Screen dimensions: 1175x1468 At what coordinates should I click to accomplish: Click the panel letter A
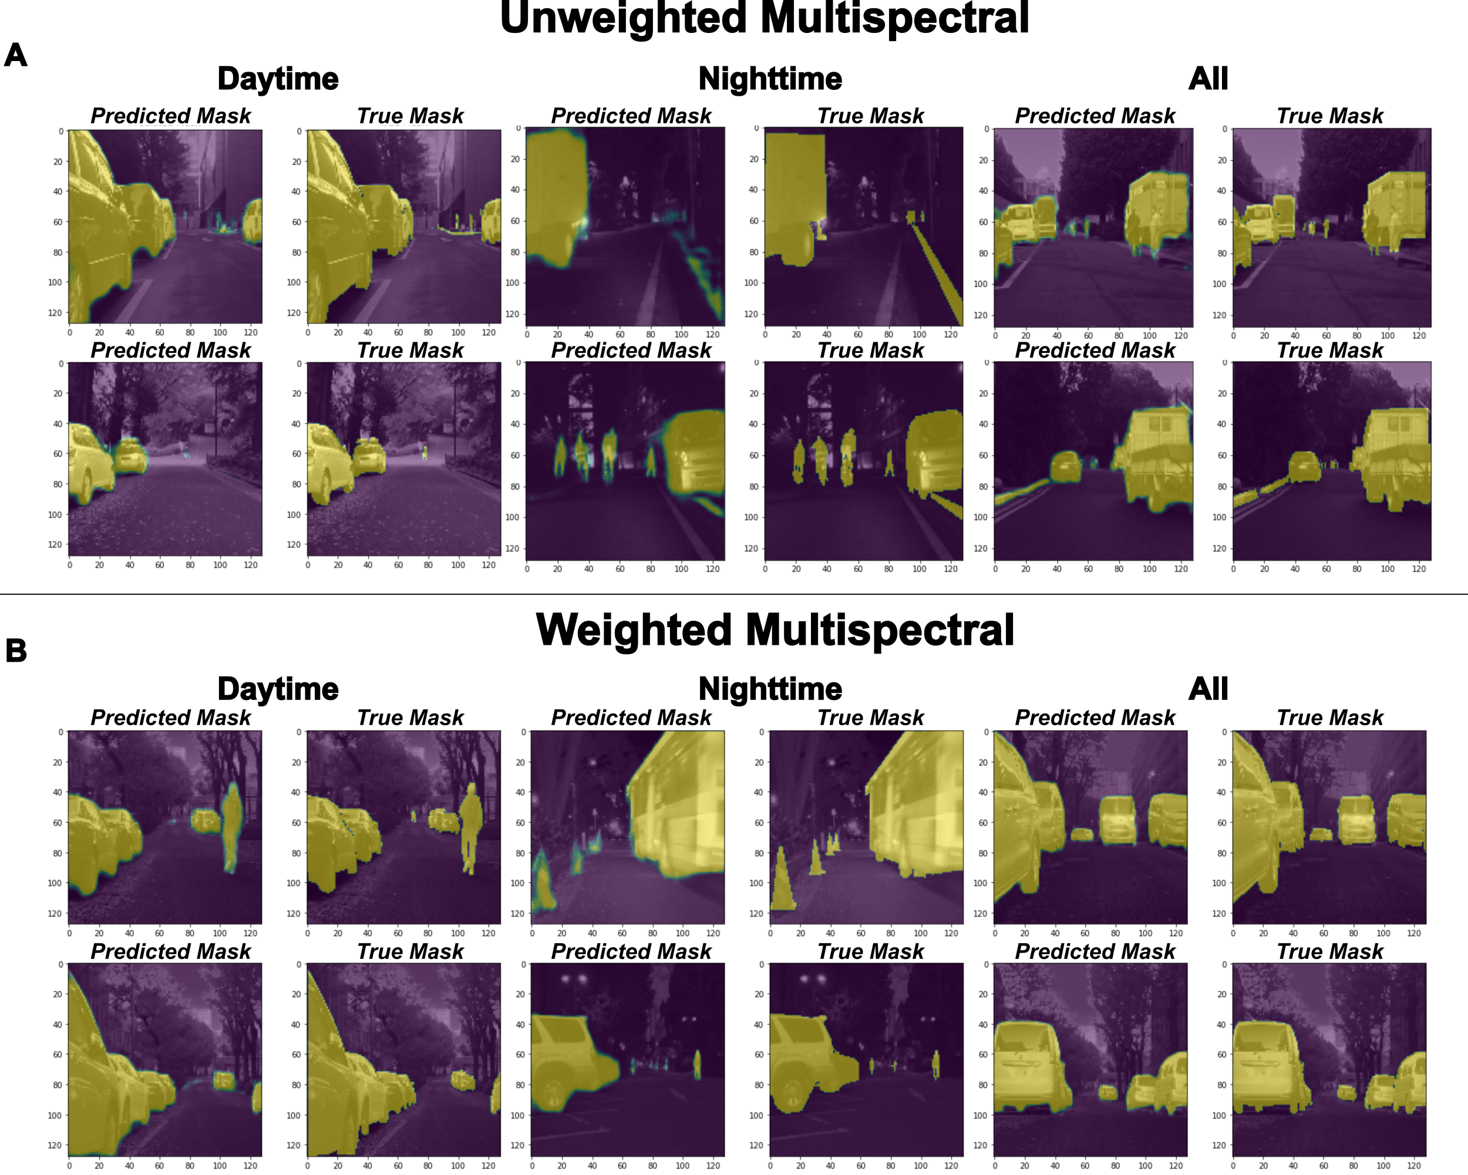pyautogui.click(x=16, y=55)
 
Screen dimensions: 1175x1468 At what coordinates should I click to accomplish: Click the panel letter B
pyautogui.click(x=16, y=650)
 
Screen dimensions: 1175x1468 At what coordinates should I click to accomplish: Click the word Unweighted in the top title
pyautogui.click(x=623, y=18)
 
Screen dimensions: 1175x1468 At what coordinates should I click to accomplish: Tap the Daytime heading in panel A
pyautogui.click(x=278, y=79)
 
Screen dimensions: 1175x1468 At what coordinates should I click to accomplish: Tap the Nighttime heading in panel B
pyautogui.click(x=770, y=689)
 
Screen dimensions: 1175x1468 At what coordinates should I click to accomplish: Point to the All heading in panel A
pyautogui.click(x=1208, y=79)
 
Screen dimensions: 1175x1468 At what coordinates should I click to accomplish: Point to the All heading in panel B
pyautogui.click(x=1208, y=689)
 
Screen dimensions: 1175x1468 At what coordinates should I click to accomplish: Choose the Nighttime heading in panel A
pyautogui.click(x=770, y=79)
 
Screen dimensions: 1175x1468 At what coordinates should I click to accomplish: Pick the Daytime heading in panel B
pyautogui.click(x=278, y=689)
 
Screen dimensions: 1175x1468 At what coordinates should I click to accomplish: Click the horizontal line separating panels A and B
pyautogui.click(x=734, y=594)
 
